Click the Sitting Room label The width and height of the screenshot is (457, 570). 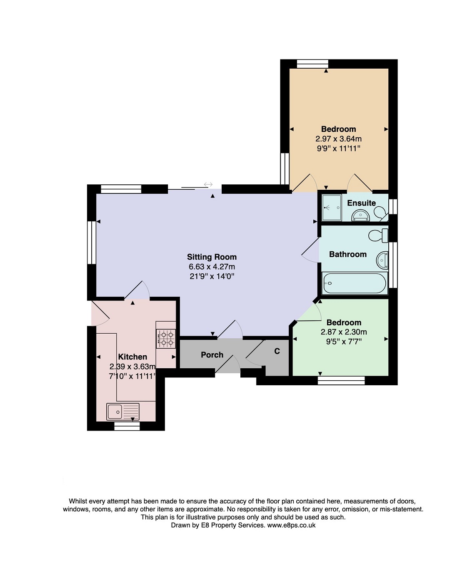point(212,257)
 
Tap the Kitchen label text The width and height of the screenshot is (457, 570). point(132,357)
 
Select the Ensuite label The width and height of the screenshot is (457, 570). point(361,203)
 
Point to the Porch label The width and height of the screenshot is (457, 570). point(212,354)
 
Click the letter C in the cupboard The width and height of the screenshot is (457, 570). point(277,351)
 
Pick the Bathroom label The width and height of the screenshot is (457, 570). point(348,254)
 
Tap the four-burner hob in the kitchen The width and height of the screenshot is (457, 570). point(166,339)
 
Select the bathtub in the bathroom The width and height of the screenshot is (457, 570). point(355,283)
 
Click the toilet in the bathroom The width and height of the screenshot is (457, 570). point(378,235)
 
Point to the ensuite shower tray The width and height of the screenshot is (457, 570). point(332,208)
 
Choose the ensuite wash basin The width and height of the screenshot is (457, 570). point(360,215)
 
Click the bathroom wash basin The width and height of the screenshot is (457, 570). point(382,260)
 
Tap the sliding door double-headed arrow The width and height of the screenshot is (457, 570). point(208,184)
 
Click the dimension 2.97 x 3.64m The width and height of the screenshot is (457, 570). point(338,139)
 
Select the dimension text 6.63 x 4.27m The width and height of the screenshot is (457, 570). point(212,266)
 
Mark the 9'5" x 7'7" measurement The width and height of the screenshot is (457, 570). point(344,342)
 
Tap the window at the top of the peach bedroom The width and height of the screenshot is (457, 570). point(312,64)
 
